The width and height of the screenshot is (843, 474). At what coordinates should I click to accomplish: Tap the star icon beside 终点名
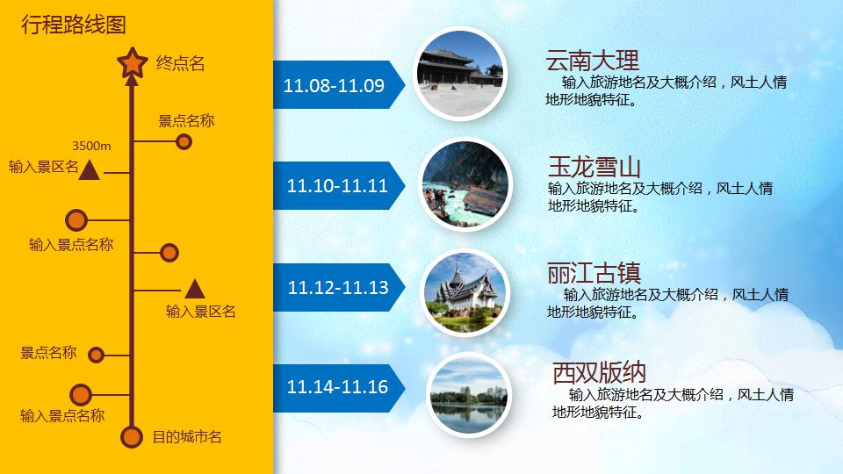point(133,62)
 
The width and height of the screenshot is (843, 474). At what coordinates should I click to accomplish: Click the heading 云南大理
point(592,61)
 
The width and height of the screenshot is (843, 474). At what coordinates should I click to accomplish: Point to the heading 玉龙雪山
point(594,167)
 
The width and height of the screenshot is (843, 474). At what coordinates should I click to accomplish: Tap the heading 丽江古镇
point(594,270)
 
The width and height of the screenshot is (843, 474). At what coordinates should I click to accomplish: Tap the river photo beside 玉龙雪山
point(465,185)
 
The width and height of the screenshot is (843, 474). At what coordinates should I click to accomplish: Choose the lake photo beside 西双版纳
point(469,396)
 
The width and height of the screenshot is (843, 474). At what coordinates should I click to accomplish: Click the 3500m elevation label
point(91,145)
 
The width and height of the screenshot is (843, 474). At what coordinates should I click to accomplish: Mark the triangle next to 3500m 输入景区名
point(88,169)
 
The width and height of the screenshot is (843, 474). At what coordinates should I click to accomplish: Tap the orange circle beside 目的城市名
point(132,436)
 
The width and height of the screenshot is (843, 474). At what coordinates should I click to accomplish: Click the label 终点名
point(180,63)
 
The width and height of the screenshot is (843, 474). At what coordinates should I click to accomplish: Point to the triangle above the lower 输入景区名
point(194,288)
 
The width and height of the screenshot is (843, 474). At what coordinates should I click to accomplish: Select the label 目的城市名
point(187,436)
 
